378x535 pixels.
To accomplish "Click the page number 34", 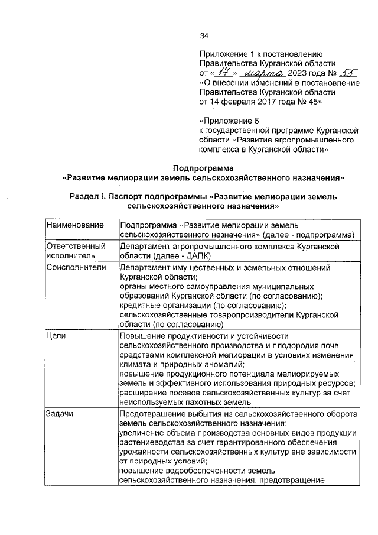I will coord(204,36).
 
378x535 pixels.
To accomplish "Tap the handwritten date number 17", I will coord(222,73).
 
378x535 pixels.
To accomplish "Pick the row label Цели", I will coord(56,335).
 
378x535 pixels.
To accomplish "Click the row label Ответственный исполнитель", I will coord(74,251).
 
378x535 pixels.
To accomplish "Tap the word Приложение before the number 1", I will coord(223,54).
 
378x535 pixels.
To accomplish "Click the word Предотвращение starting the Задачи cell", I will coord(152,413).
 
